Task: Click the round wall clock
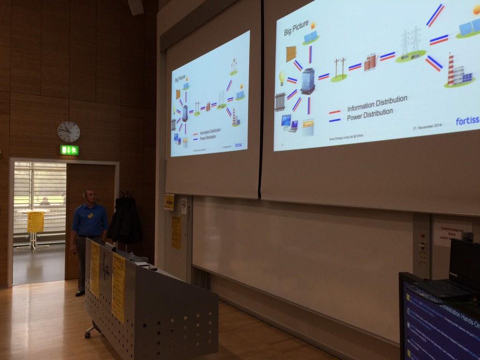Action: click(x=68, y=132)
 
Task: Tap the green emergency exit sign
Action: click(x=69, y=150)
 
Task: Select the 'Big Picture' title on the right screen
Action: click(x=296, y=28)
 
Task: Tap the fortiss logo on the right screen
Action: click(x=467, y=121)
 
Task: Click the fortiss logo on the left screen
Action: click(x=238, y=145)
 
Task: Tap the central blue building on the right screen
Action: click(x=307, y=81)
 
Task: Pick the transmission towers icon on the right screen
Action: click(x=410, y=43)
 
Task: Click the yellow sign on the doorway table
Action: click(x=35, y=222)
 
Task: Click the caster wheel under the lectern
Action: click(x=87, y=335)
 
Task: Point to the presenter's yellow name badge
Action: click(x=90, y=216)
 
